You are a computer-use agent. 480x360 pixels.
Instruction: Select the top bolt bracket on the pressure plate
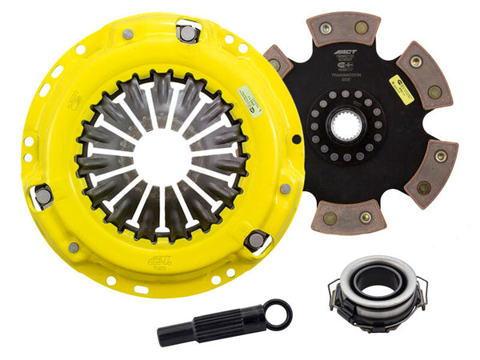click(x=187, y=31)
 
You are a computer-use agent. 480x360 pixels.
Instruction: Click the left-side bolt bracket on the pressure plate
click(x=42, y=195)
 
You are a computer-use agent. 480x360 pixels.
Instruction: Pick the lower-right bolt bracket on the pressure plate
click(x=255, y=240)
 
